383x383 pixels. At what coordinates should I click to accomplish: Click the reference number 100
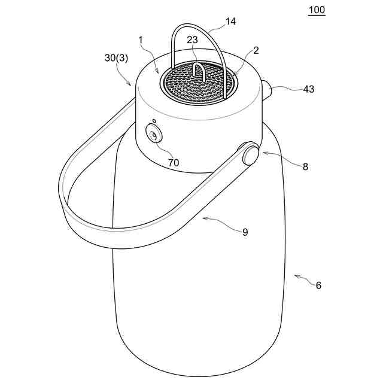317,10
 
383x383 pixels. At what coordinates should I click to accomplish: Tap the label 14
230,22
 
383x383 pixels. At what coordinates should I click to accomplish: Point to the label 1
141,39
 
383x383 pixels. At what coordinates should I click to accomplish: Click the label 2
256,51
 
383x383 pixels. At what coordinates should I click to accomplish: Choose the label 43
308,89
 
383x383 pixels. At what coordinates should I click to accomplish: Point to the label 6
318,285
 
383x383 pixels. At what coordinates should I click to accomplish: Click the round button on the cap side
154,136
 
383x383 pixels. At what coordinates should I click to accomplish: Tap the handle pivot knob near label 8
250,154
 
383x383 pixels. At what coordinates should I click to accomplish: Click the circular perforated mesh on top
197,84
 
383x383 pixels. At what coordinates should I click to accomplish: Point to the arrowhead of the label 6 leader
296,276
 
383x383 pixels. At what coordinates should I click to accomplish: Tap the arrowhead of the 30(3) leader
132,85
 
